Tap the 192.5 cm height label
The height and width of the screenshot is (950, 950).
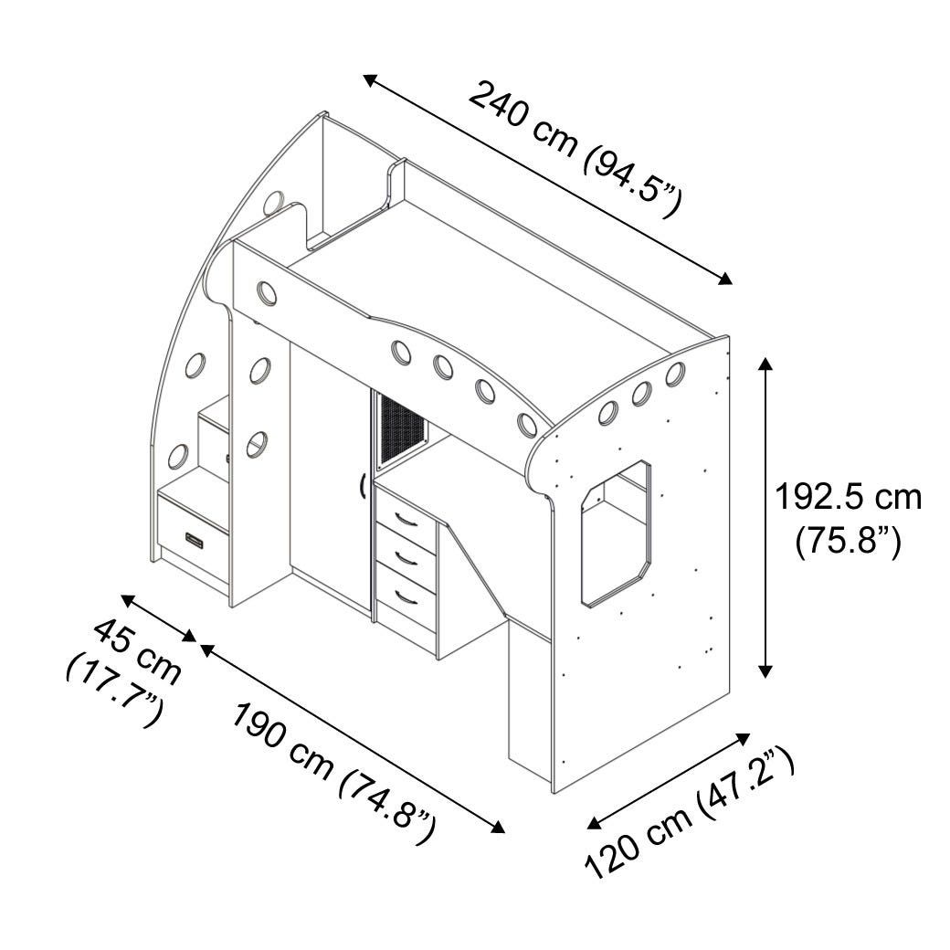849,498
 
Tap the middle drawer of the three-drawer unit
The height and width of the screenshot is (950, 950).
406,555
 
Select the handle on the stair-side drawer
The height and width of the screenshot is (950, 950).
195,540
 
